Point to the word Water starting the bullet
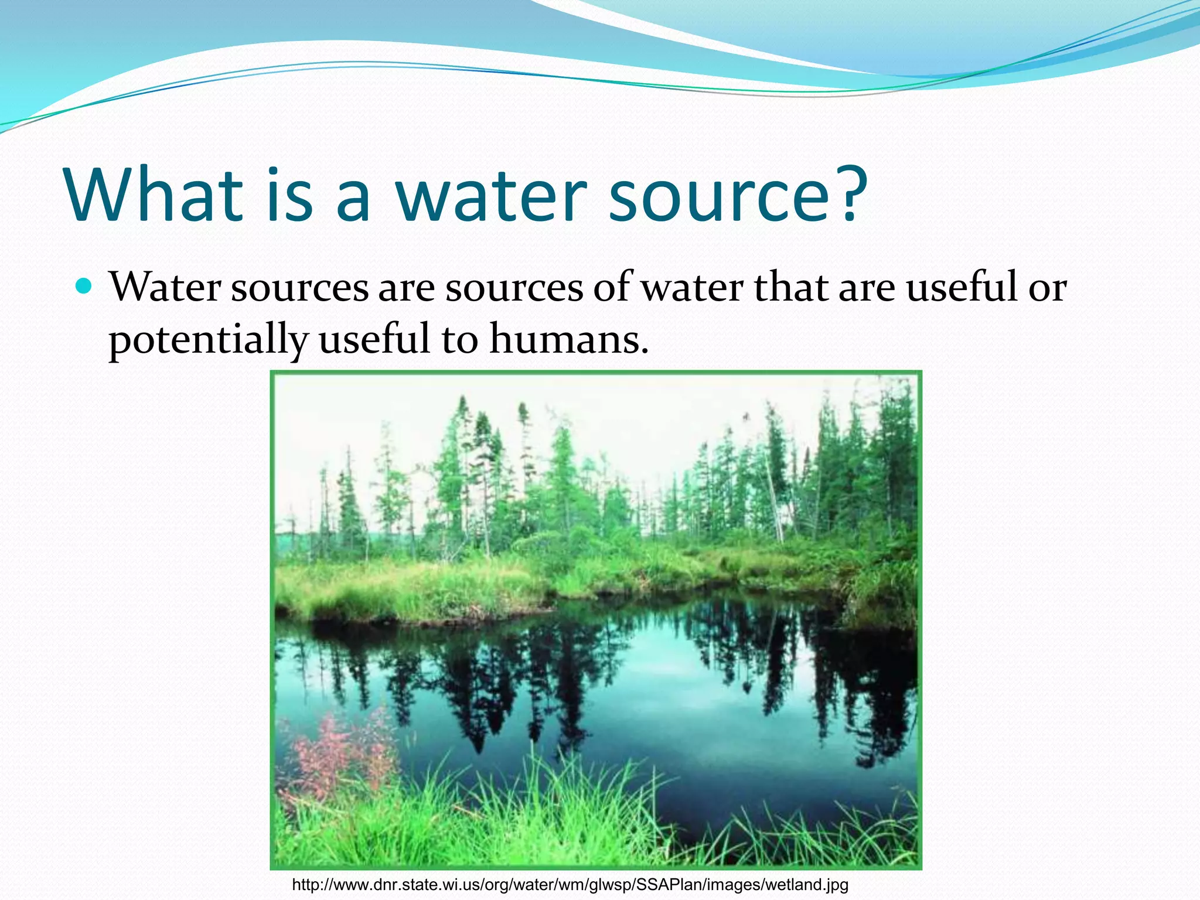pyautogui.click(x=165, y=288)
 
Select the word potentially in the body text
pyautogui.click(x=208, y=340)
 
